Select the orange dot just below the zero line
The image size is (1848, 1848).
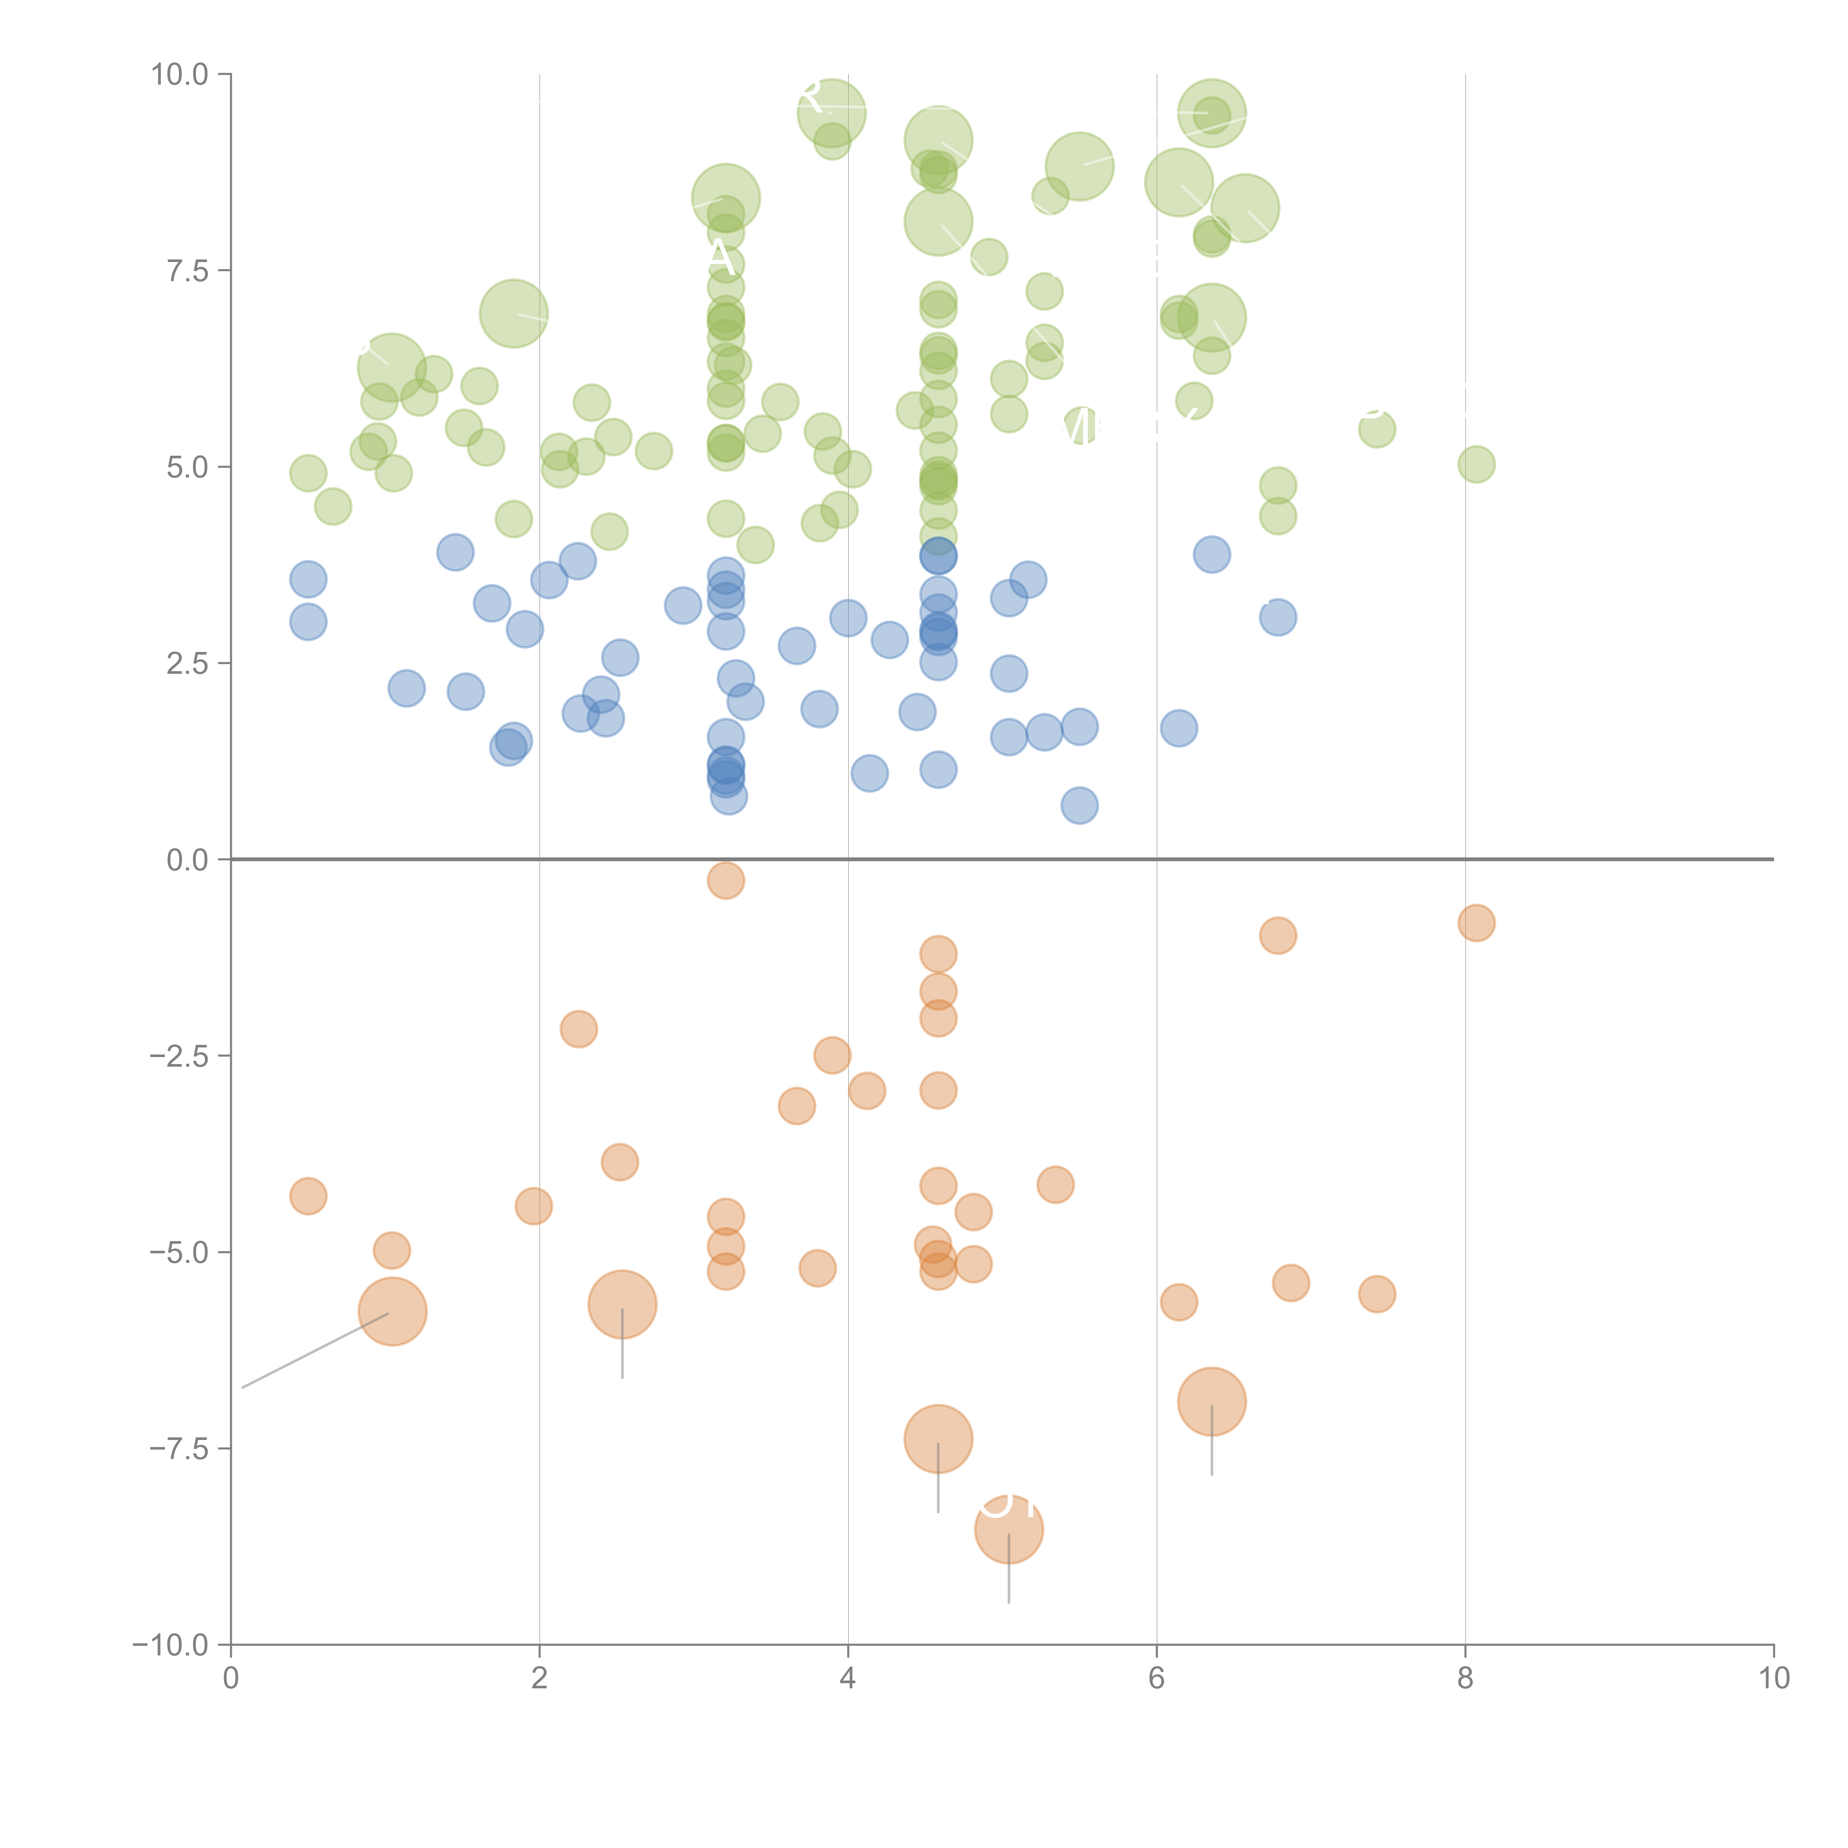point(726,880)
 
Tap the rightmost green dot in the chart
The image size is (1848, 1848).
point(1476,465)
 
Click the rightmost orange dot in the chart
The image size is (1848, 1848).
point(1476,923)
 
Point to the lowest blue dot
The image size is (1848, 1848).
point(1079,805)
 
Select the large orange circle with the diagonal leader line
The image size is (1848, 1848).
point(392,1311)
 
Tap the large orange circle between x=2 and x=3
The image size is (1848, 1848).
point(622,1304)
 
